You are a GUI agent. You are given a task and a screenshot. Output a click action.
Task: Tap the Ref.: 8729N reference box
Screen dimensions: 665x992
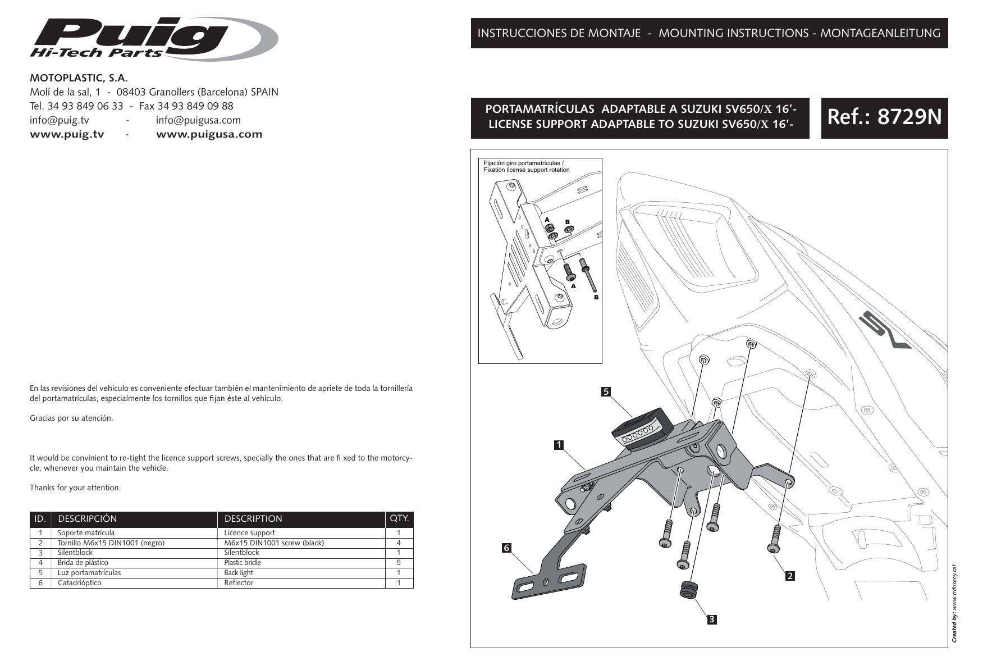884,117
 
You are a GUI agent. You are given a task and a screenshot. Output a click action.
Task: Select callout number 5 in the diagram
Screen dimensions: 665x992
606,391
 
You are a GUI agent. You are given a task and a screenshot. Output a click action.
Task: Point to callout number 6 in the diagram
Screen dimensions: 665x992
506,548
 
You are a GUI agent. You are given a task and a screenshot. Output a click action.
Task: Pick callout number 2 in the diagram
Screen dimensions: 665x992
790,576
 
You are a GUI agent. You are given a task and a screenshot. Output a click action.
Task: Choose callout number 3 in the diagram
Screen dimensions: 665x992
711,620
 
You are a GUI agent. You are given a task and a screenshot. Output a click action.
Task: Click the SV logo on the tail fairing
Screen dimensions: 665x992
884,331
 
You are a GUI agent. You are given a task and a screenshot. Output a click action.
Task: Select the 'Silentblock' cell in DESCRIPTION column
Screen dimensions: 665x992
241,553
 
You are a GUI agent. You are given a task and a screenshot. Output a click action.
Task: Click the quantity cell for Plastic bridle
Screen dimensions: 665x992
399,562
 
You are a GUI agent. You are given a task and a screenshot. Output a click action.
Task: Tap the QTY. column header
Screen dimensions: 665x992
399,518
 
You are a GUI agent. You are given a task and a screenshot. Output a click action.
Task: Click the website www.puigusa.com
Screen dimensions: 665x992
209,134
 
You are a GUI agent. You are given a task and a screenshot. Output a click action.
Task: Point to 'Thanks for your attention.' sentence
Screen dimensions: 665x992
75,488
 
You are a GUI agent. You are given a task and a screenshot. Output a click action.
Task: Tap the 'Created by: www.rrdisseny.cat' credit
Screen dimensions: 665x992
954,603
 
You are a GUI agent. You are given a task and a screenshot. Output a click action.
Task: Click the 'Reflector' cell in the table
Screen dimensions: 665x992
239,583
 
